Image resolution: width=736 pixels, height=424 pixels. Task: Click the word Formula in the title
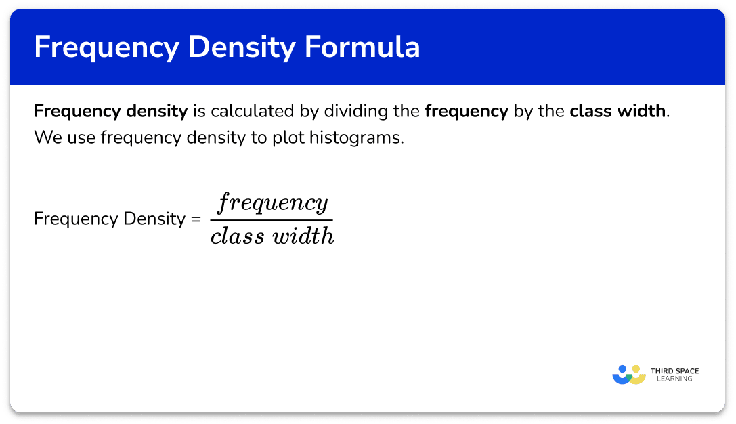[362, 47]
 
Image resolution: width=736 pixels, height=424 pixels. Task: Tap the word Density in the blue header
[242, 48]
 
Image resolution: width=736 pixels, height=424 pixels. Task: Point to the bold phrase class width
[618, 111]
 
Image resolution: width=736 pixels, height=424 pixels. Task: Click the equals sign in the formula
[196, 219]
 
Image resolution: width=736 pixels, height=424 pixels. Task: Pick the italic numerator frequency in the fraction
[272, 203]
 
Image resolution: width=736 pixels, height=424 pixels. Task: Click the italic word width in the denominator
[303, 235]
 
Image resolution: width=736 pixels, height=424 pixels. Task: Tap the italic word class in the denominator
[238, 235]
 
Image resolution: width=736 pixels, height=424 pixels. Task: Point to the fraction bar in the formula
[272, 220]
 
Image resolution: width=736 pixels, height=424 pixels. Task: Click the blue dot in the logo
[622, 369]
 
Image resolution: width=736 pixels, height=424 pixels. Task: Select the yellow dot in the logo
[636, 369]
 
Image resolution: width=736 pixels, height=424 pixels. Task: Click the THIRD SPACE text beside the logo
[674, 371]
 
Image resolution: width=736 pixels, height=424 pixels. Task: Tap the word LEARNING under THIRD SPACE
[674, 379]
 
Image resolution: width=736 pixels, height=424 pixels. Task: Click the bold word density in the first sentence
[157, 112]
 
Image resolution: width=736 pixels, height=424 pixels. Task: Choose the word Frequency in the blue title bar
[106, 48]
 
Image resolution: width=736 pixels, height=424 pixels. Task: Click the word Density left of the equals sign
[154, 219]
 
